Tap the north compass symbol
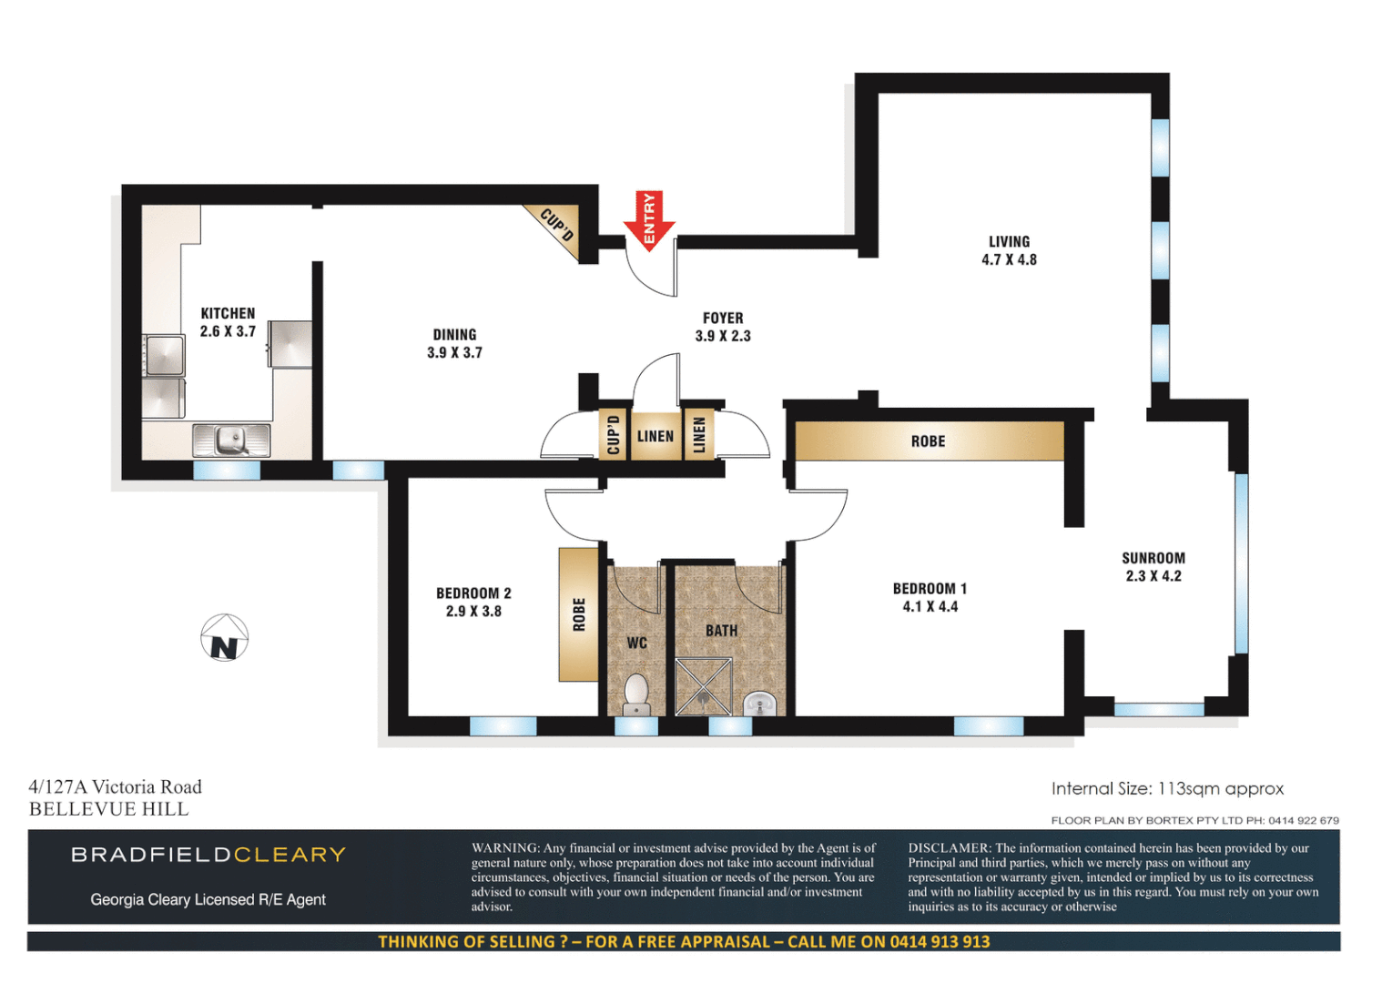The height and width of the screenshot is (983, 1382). [x=224, y=638]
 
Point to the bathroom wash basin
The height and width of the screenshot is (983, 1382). [x=760, y=703]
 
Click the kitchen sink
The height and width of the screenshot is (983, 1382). [x=231, y=441]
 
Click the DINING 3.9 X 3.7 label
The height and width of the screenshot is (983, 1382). [x=454, y=344]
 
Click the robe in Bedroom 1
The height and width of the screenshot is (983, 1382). [x=929, y=441]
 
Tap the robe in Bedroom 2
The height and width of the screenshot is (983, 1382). [x=578, y=614]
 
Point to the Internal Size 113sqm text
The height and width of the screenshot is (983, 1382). [x=1167, y=788]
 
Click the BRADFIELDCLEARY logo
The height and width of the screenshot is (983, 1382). [x=208, y=855]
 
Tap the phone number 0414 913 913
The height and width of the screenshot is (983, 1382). [x=940, y=941]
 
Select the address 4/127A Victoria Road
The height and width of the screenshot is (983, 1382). [x=116, y=786]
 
